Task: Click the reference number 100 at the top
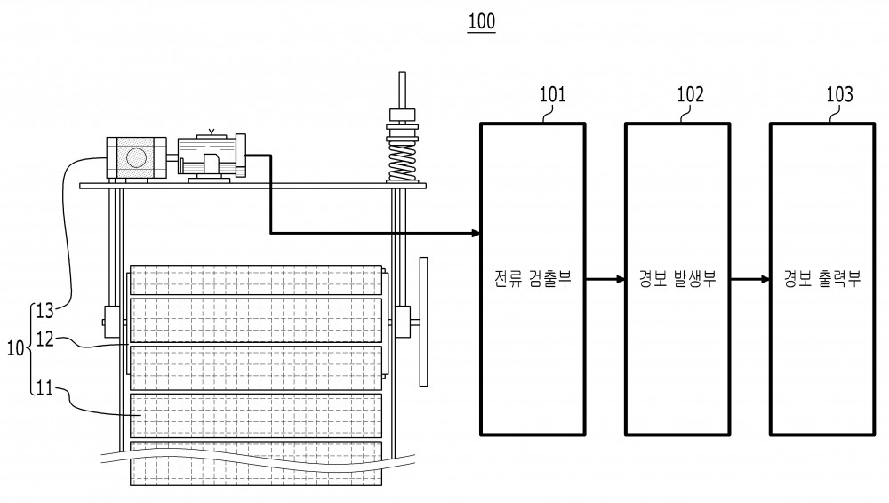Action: click(481, 21)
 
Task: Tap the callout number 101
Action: click(552, 94)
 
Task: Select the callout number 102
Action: click(690, 94)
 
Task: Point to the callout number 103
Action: click(839, 94)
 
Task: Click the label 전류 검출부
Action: click(533, 278)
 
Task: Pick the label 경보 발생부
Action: click(677, 278)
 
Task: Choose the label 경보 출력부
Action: click(822, 278)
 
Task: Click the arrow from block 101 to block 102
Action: click(605, 279)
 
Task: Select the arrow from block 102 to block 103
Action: click(749, 279)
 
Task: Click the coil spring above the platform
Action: click(402, 162)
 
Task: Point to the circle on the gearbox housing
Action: click(136, 157)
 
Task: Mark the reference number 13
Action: click(44, 311)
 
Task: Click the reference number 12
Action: click(44, 339)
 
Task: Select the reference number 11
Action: click(44, 388)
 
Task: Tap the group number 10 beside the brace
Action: click(15, 348)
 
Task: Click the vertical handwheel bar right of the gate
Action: click(423, 322)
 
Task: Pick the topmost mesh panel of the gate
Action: click(256, 280)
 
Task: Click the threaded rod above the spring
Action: click(402, 90)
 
